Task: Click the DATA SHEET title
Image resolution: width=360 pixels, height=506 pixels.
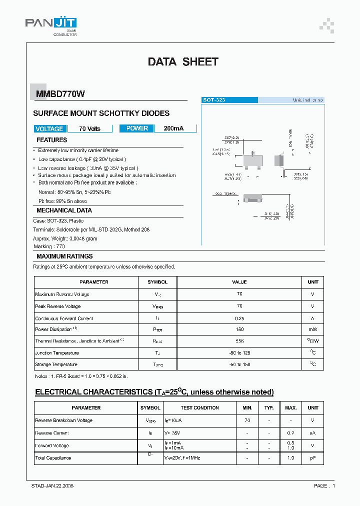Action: click(x=183, y=62)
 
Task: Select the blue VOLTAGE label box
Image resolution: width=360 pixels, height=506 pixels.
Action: click(x=49, y=128)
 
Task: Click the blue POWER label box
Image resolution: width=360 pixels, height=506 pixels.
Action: click(x=137, y=128)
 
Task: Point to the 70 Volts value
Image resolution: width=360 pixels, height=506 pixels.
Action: click(x=90, y=128)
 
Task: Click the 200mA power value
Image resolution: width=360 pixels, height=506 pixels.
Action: click(x=174, y=128)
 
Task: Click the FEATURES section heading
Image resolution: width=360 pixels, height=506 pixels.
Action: click(x=52, y=140)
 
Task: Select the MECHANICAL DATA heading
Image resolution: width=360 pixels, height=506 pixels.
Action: click(x=64, y=210)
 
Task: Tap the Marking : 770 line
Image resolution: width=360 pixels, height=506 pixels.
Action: click(x=50, y=246)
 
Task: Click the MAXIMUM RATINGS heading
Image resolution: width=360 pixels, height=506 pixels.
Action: click(x=64, y=256)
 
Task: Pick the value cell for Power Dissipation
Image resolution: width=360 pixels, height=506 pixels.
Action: click(x=239, y=329)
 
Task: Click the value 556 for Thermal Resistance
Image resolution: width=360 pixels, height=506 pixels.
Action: click(x=239, y=341)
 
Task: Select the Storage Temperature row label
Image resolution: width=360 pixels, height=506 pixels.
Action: click(x=56, y=364)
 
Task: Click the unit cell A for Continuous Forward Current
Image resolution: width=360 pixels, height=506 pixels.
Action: click(x=312, y=318)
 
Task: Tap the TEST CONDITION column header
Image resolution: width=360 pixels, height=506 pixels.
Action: click(x=199, y=408)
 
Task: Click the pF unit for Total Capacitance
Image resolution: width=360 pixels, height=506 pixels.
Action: click(x=312, y=458)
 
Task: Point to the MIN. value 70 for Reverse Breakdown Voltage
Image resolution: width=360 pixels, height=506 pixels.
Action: click(x=247, y=420)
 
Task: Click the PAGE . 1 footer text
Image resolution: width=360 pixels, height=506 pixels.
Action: click(x=324, y=485)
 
